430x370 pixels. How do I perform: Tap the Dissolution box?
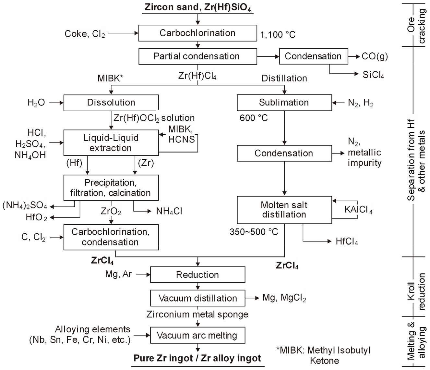pos(111,103)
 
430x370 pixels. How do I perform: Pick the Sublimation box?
pos(284,103)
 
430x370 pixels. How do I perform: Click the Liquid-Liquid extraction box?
pos(111,143)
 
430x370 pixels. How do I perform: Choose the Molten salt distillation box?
pos(284,210)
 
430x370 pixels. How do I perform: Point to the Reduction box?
pos(197,275)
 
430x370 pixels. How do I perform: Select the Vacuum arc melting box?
pos(197,335)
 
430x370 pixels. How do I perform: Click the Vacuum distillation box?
pos(197,298)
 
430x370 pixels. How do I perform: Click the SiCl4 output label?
pos(373,75)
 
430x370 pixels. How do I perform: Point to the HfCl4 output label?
pos(347,241)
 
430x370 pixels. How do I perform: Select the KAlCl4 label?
pos(358,210)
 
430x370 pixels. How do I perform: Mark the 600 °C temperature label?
pos(254,118)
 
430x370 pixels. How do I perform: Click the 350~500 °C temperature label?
pos(254,232)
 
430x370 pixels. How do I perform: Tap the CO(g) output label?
pos(375,56)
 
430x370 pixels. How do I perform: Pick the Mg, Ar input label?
pos(118,274)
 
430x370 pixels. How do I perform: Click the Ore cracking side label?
pos(416,26)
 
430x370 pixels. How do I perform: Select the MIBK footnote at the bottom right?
pos(323,355)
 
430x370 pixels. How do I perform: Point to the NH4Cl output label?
pos(169,212)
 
